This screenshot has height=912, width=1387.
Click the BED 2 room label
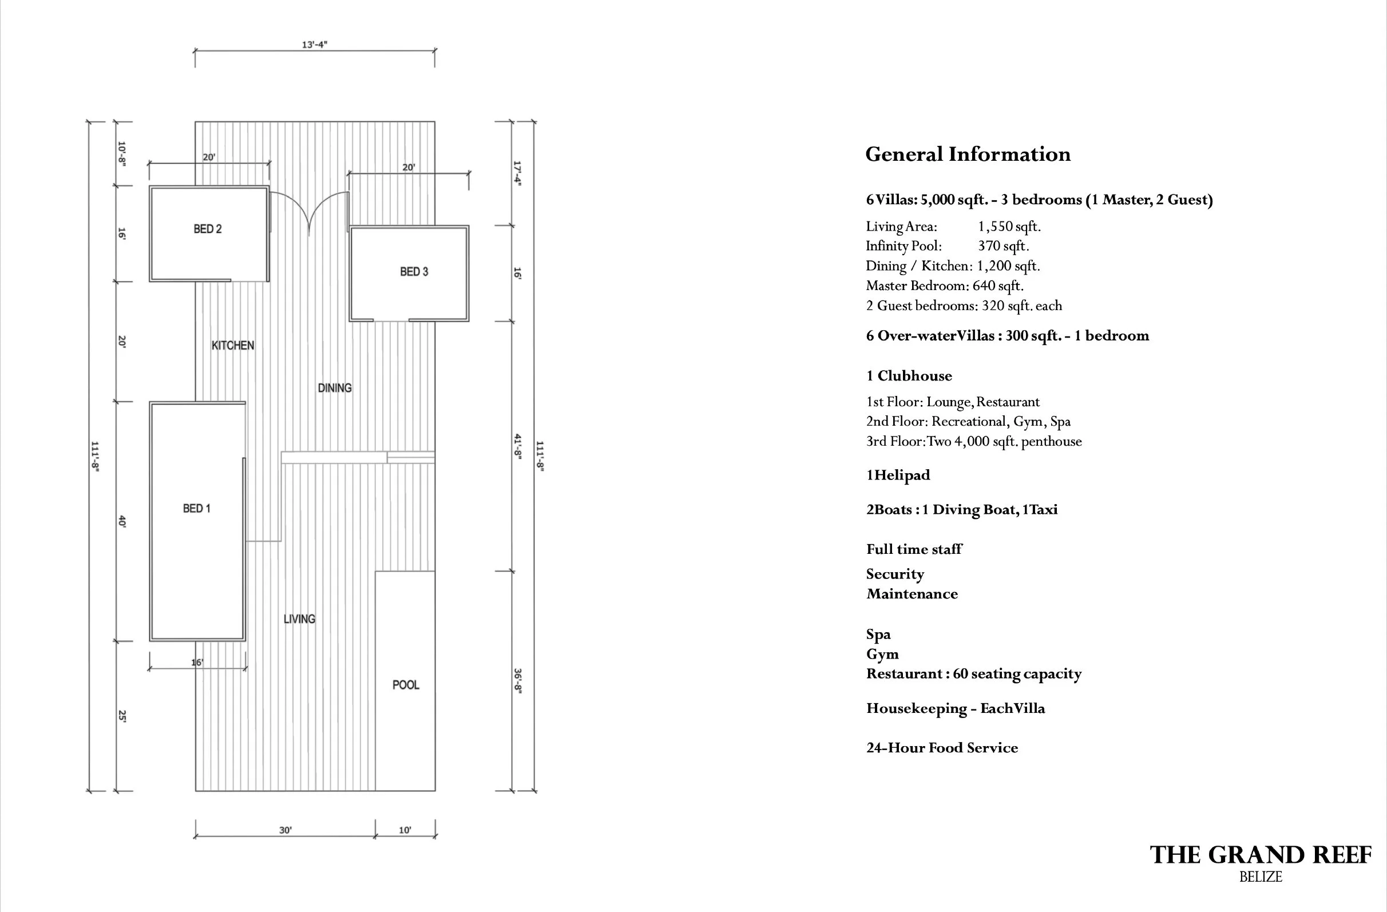click(x=208, y=229)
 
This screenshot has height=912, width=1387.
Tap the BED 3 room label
click(x=414, y=272)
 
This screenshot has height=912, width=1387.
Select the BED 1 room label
click(x=196, y=509)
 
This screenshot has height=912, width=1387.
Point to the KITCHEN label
click(x=232, y=346)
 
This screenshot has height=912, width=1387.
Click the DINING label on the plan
click(x=335, y=388)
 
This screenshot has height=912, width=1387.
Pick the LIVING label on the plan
click(x=299, y=619)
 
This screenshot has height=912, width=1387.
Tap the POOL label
click(x=406, y=685)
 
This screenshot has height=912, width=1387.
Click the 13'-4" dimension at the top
click(x=314, y=44)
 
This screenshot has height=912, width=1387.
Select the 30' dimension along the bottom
click(x=285, y=830)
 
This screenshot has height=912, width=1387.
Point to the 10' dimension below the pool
click(x=405, y=830)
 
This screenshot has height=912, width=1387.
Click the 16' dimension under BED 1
click(x=197, y=663)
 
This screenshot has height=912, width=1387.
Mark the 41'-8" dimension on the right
click(x=517, y=446)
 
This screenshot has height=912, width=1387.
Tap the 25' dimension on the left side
click(x=122, y=716)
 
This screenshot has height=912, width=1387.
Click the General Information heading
click(x=968, y=154)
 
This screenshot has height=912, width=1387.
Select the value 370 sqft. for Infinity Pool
click(x=1004, y=246)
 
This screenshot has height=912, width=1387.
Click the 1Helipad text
click(x=898, y=475)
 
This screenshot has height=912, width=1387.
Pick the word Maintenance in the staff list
click(x=912, y=594)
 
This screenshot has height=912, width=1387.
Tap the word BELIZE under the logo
click(x=1261, y=877)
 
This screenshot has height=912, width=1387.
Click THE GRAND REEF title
click(x=1261, y=855)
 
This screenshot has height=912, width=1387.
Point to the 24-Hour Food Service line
click(x=942, y=748)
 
